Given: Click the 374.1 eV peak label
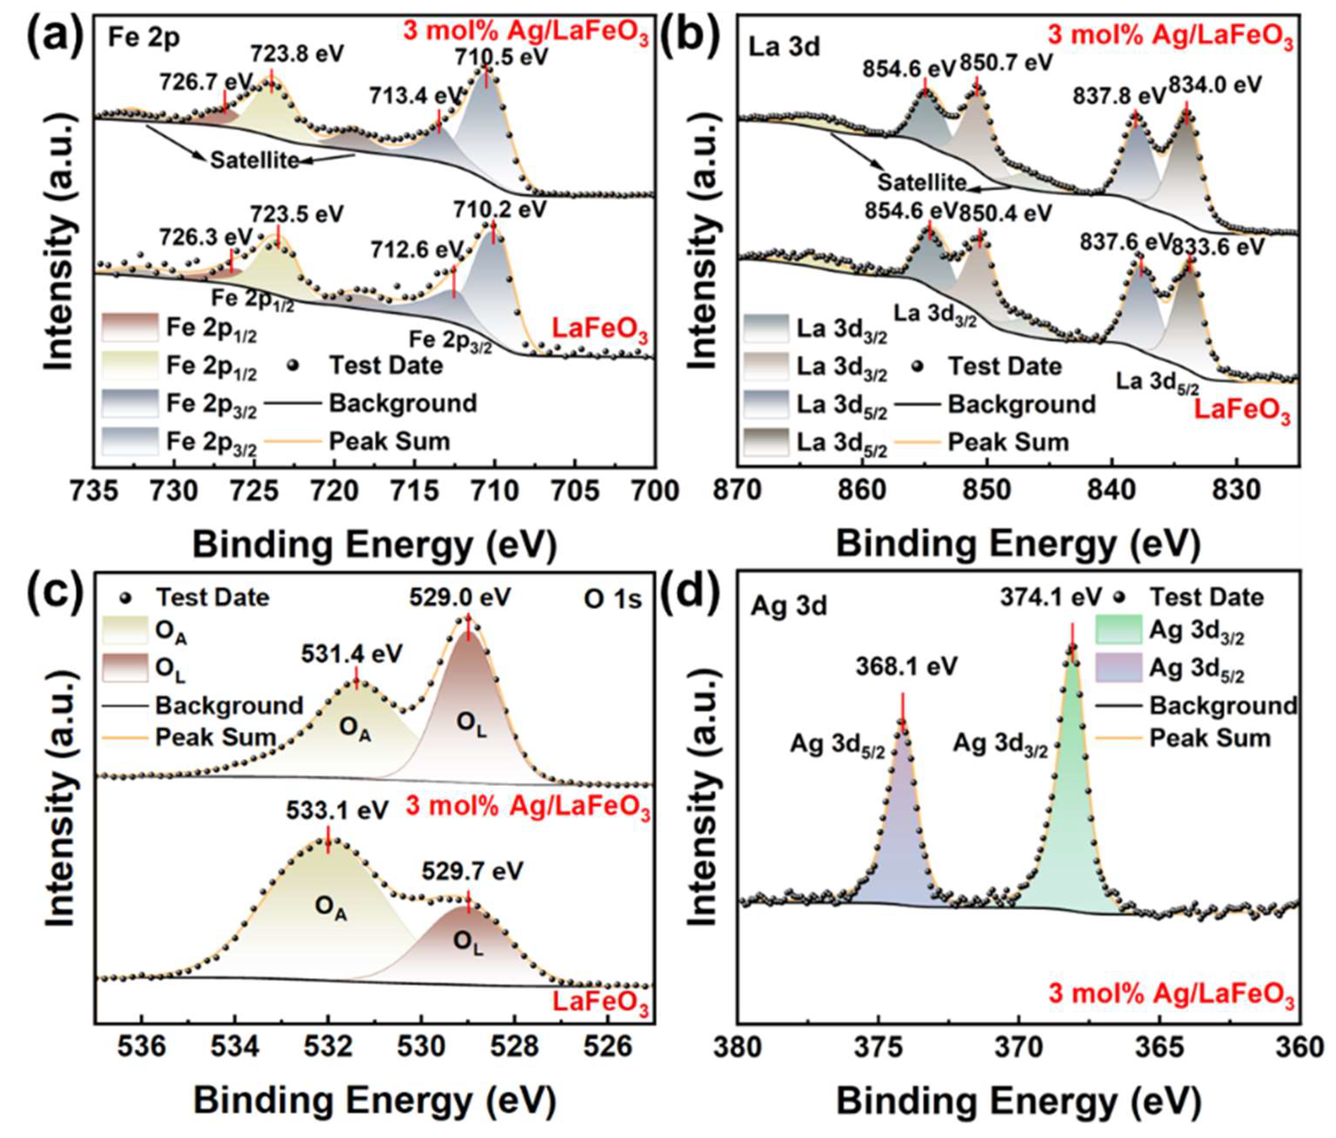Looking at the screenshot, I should [x=1051, y=597].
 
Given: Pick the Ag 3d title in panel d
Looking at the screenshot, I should [x=789, y=607].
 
